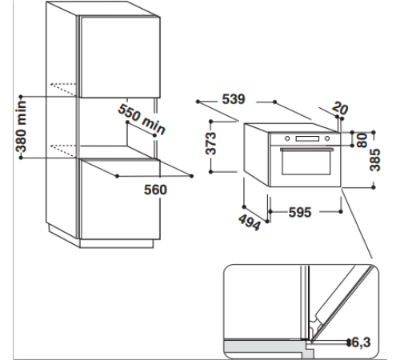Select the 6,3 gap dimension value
364,343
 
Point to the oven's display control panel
309,142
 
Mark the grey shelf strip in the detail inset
264,346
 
